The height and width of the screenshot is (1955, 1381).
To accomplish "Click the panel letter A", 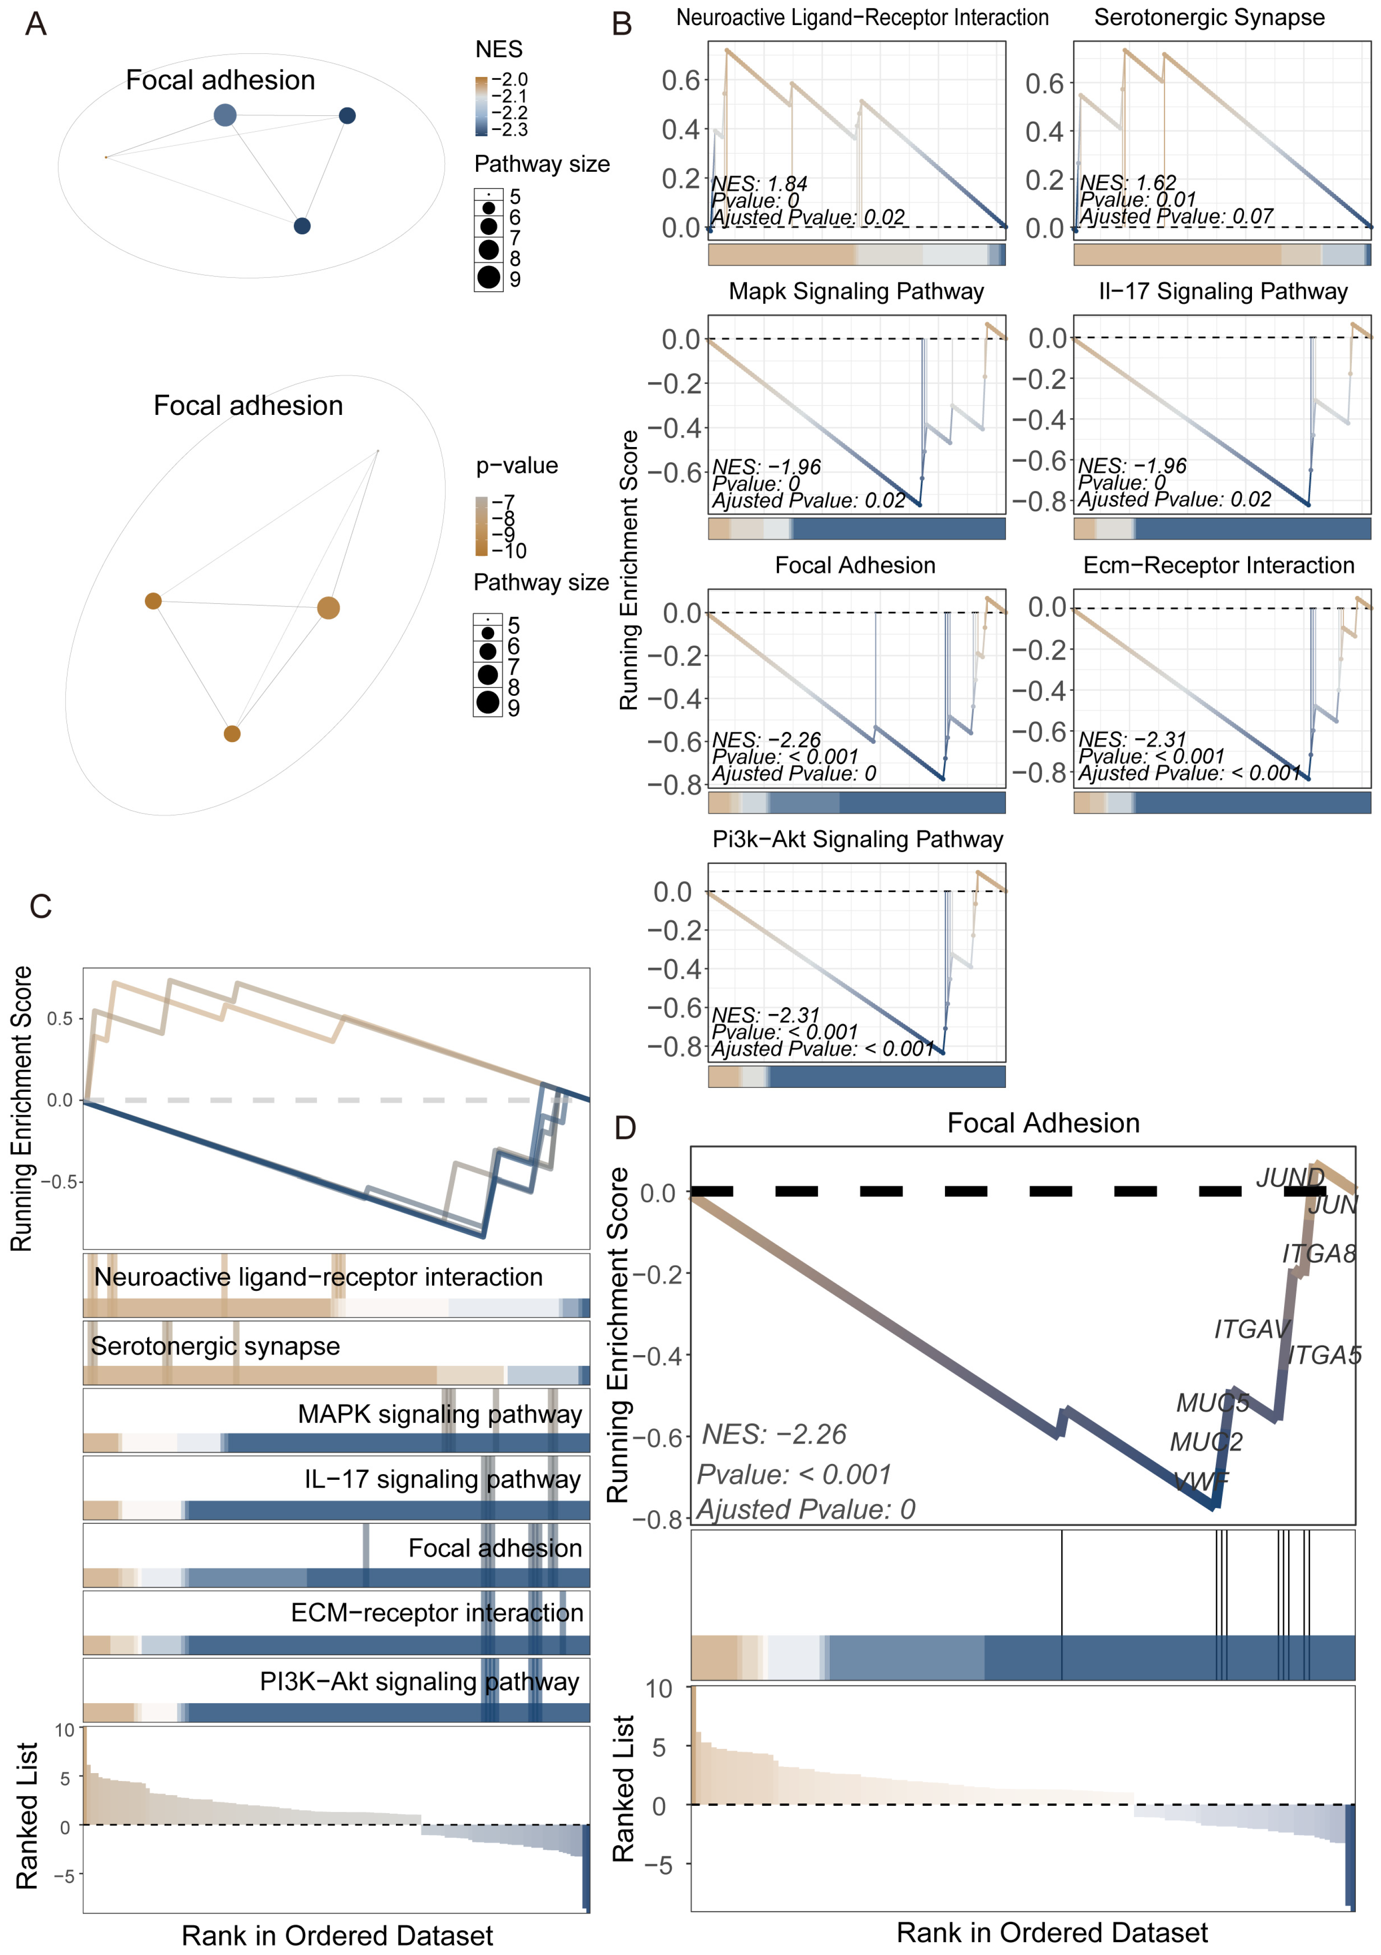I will point(36,24).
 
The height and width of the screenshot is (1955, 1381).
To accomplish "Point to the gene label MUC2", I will point(1206,1441).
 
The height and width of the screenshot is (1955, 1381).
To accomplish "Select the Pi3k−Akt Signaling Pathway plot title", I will point(857,839).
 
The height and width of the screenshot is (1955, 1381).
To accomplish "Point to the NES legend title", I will point(499,49).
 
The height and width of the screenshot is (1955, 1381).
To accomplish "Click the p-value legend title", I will point(517,466).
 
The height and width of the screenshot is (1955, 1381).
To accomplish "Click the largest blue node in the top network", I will point(225,115).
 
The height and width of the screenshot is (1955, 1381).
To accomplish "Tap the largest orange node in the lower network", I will point(329,608).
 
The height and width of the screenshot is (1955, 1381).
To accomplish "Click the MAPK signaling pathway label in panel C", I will point(439,1414).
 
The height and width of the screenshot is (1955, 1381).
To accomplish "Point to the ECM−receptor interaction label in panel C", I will point(437,1613).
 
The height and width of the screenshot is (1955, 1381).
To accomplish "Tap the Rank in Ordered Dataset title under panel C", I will point(337,1936).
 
